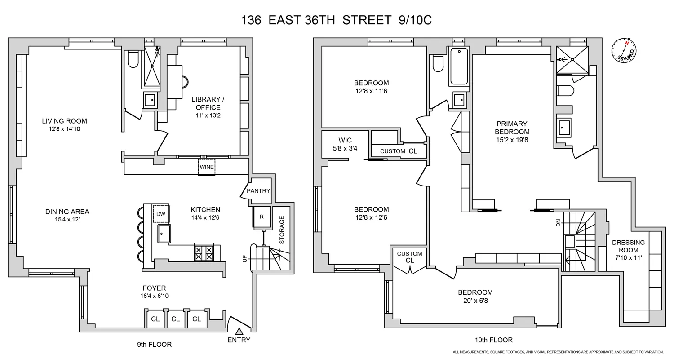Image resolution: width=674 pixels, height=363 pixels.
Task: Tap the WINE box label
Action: pos(207,167)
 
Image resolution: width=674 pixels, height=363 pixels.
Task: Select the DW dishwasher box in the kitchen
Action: pos(161,213)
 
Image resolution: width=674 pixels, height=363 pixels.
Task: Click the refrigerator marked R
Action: pos(261,217)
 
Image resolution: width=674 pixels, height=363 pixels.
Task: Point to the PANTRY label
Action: pos(258,190)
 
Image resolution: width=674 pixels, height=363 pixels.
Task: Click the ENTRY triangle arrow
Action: pos(239,332)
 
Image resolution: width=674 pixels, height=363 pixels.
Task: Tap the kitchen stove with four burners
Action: pos(204,252)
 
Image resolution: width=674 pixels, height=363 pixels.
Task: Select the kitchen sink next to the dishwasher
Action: pos(164,234)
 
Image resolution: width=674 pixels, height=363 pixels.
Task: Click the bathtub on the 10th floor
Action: pos(458,66)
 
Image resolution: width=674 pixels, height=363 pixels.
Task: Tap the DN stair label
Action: pos(559,222)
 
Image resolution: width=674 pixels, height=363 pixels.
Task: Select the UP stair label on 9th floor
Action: pos(244,259)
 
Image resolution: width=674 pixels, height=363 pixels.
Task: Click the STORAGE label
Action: pos(282,230)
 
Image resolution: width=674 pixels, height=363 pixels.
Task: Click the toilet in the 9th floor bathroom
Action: pos(133,59)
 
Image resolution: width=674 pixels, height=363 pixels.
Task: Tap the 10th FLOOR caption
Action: pos(493,340)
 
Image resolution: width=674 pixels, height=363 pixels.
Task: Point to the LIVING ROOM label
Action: pos(64,121)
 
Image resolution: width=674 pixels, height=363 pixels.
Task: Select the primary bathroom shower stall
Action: pos(572,59)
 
